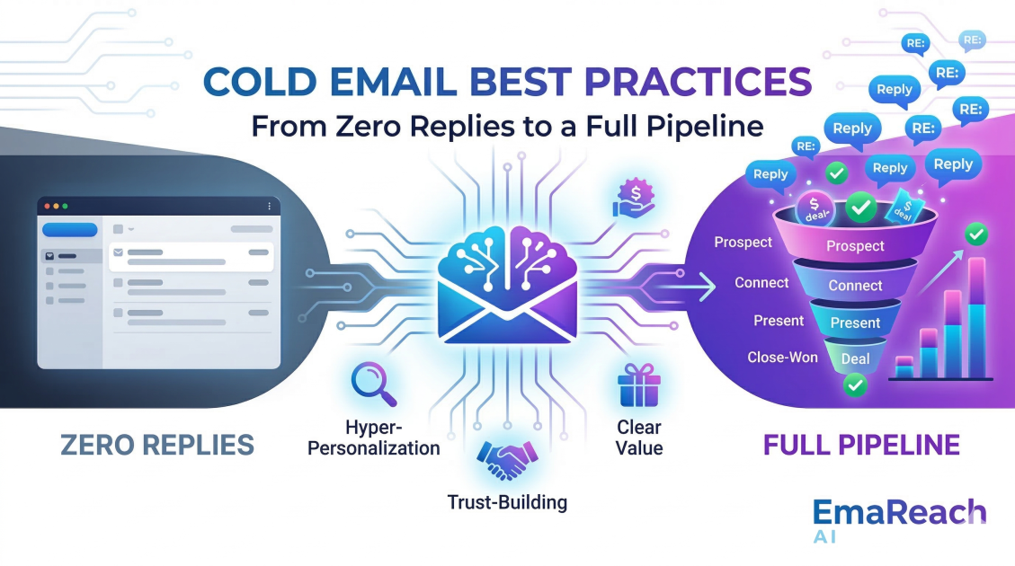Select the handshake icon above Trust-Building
point(506,459)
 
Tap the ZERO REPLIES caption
point(157,445)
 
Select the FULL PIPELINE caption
point(861,445)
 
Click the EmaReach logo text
point(899,513)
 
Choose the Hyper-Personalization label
point(374,437)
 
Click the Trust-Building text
point(507,502)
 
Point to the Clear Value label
point(639,437)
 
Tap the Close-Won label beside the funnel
point(782,358)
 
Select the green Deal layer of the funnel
point(855,358)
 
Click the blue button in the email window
point(70,230)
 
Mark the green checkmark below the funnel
point(855,386)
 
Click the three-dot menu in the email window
point(269,207)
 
